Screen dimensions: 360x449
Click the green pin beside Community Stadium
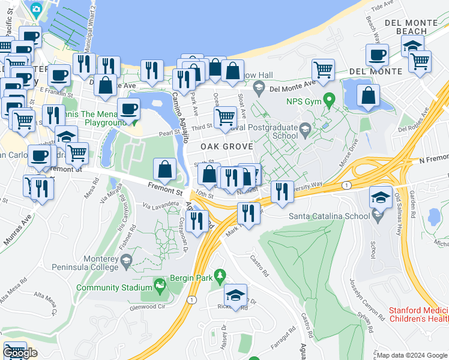160,284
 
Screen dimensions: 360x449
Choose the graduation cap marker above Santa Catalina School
381,197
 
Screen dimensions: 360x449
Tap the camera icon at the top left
36,9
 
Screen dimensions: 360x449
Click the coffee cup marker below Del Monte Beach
377,55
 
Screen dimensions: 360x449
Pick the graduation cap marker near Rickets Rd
236,295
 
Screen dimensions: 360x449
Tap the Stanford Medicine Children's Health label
418,315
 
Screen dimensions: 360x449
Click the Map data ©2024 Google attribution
412,355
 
